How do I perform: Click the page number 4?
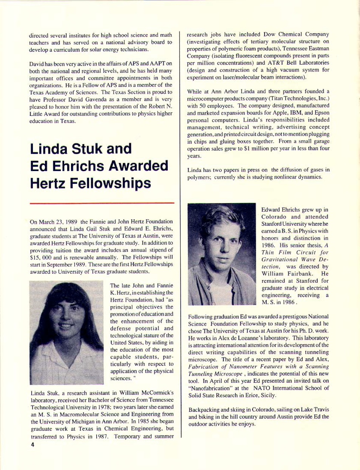[32, 445]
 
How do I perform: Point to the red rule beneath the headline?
[102, 203]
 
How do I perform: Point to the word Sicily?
[268, 395]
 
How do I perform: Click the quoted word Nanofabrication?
[214, 388]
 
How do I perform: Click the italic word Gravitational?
[280, 259]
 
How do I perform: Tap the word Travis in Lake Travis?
[320, 410]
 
